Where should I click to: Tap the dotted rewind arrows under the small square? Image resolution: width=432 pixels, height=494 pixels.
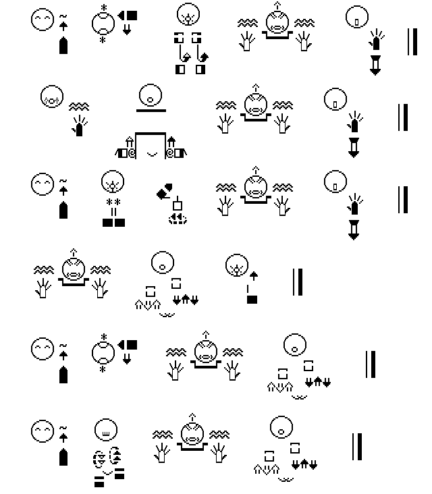coord(177,217)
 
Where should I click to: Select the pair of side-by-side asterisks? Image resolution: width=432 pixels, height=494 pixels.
coord(113,202)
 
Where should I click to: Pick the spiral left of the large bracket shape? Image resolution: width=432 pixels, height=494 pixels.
coord(132,153)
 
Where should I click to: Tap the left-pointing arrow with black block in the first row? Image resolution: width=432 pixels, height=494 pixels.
coord(127,15)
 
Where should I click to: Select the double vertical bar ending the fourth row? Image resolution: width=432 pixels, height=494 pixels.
coord(297,282)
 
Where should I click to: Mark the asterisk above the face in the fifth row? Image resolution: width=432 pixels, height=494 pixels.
coord(103,337)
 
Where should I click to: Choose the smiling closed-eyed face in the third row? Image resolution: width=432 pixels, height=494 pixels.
coord(42,184)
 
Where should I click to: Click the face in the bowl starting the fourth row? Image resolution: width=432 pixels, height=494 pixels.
coord(72,268)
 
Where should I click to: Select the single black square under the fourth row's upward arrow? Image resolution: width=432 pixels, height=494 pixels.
coord(252,299)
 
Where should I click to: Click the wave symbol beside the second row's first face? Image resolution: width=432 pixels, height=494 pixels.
coord(80,106)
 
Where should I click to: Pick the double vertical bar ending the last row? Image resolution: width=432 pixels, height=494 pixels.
coord(356,446)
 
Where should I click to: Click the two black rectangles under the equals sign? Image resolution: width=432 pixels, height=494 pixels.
coord(113,222)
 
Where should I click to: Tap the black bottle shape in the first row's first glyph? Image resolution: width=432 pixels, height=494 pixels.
coord(63,47)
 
